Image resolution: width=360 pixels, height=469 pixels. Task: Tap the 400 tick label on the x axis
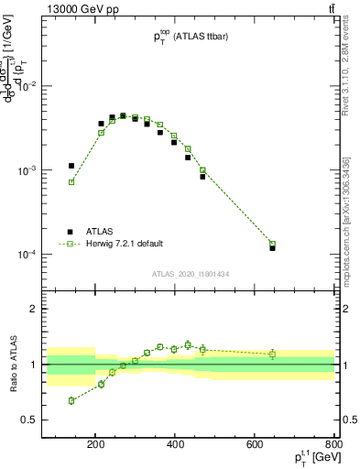pyautogui.click(x=175, y=448)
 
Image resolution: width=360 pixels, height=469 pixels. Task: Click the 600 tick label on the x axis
pyautogui.click(x=254, y=448)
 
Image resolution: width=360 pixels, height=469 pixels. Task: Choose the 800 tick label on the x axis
pyautogui.click(x=333, y=448)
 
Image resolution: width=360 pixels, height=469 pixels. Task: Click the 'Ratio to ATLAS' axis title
pyautogui.click(x=12, y=364)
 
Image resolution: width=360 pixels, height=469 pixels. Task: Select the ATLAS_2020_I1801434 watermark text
pyautogui.click(x=191, y=274)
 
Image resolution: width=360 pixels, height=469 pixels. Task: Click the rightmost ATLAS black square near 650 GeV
pyautogui.click(x=273, y=248)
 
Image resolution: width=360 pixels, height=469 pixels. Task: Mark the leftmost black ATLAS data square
pyautogui.click(x=71, y=166)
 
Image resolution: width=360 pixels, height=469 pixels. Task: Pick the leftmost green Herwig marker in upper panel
pyautogui.click(x=71, y=182)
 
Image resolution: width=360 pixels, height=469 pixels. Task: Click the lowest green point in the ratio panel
pyautogui.click(x=71, y=400)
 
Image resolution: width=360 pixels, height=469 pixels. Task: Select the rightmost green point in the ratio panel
pyautogui.click(x=273, y=354)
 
